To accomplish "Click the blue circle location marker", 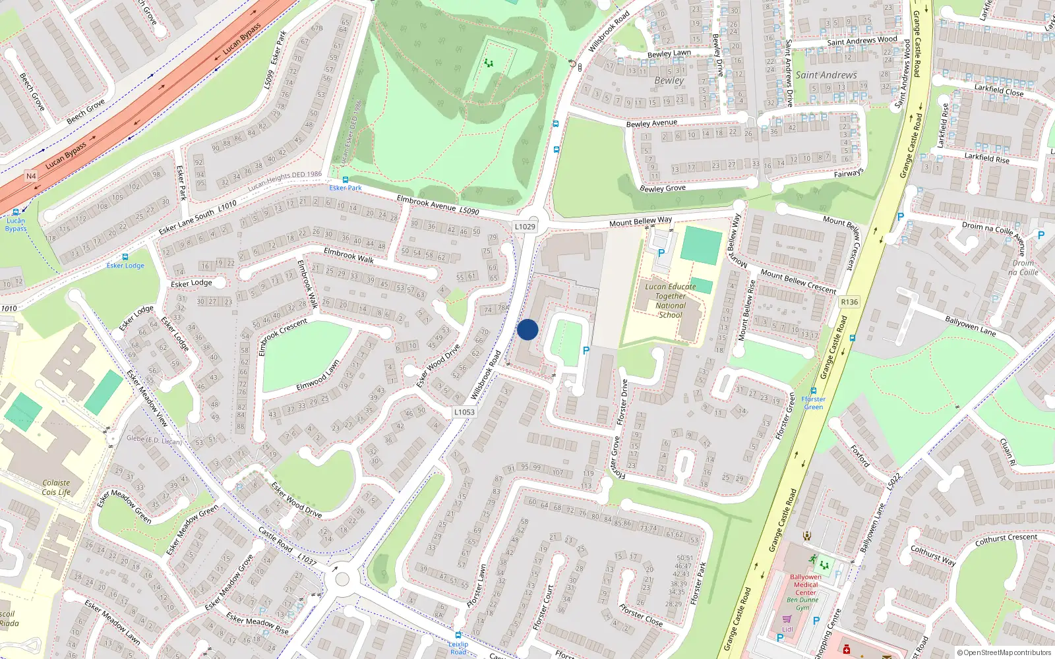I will (x=527, y=329).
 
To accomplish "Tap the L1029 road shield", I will (x=525, y=227).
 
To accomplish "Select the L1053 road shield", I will (x=464, y=412).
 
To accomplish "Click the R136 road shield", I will (x=849, y=302).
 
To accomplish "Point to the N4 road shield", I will (x=31, y=176).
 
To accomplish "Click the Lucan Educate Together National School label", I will (x=670, y=301).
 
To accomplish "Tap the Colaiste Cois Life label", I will (x=56, y=487).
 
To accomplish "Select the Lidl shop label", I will (x=787, y=629).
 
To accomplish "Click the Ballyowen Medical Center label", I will (x=805, y=585).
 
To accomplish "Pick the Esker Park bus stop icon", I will (x=345, y=179).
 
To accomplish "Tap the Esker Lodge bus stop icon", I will (x=125, y=257).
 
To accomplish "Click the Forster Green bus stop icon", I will (x=814, y=391).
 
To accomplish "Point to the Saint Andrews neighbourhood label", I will (x=826, y=75).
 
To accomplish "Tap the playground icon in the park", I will (x=489, y=63).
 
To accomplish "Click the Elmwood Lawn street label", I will (x=318, y=374).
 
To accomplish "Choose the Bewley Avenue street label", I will (x=651, y=123).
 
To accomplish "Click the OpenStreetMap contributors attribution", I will (x=1004, y=652).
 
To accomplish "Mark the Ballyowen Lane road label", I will (x=970, y=326).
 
